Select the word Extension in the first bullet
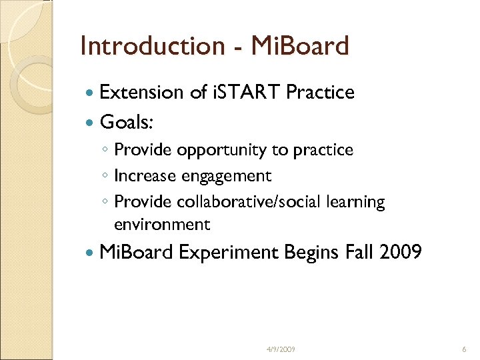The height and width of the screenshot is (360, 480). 143,93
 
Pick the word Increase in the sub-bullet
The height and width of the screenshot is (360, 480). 142,176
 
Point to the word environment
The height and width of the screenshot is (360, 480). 162,225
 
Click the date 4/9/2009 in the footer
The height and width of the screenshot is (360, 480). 280,349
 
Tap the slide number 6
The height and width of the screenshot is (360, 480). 464,349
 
